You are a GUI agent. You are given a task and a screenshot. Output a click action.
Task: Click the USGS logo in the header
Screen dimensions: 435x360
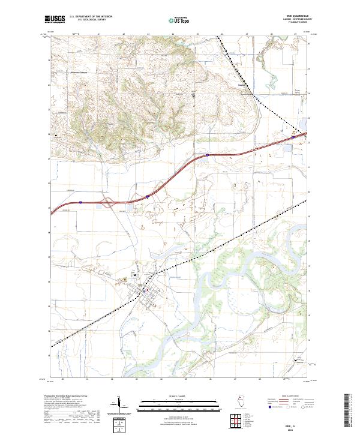(x=55, y=20)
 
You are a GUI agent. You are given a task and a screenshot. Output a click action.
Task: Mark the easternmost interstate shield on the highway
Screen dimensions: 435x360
(x=293, y=137)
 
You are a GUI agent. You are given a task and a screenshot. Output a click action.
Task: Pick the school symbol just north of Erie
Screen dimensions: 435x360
(x=135, y=275)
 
